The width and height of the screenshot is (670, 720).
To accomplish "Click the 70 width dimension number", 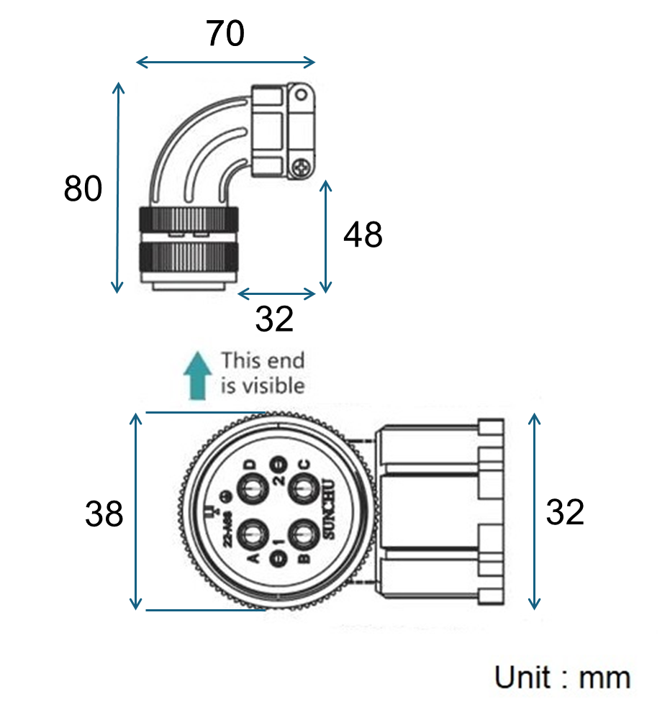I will click(225, 34).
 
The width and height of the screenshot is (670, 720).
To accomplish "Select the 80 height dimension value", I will click(83, 189).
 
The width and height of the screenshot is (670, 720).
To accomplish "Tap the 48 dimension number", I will click(363, 235).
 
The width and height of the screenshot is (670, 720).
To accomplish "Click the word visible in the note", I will click(274, 386).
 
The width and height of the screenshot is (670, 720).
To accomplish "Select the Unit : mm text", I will click(562, 678).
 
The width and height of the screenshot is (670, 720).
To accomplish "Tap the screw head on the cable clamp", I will click(301, 169).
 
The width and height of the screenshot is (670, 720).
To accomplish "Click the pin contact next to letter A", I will click(252, 537).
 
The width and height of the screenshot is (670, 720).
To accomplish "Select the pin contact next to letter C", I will click(303, 491).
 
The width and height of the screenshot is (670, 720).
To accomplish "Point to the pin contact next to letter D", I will click(252, 491).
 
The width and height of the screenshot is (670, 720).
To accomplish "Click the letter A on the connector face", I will click(253, 559).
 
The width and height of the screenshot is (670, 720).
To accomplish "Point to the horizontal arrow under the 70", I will click(225, 62).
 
